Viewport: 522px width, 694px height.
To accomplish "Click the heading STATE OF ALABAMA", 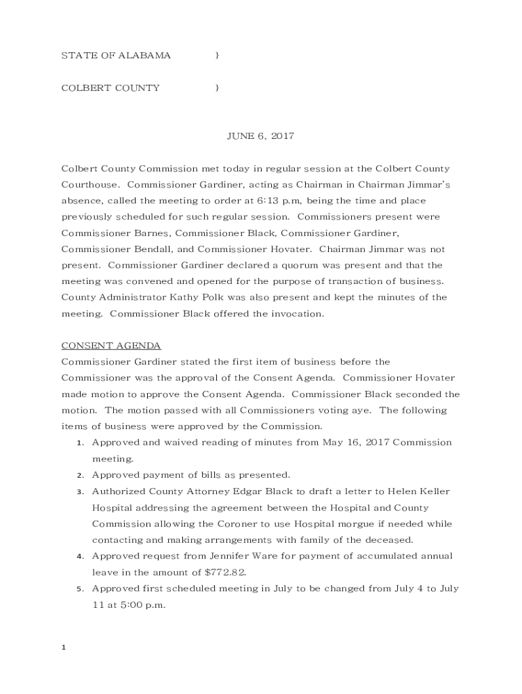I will tap(116, 56).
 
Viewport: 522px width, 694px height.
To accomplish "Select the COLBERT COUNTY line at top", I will tap(111, 87).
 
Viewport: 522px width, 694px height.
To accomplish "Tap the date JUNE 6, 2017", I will tap(260, 136).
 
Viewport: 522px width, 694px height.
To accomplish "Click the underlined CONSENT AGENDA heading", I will tap(111, 346).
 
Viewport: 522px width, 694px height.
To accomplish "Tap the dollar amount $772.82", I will tap(219, 573).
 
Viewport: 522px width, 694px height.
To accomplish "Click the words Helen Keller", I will tap(422, 491).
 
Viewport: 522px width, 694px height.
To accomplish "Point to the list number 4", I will tap(79, 557).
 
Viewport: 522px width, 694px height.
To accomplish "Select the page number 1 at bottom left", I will tap(63, 648).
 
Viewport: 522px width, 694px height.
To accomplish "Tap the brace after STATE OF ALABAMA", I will tap(216, 56).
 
